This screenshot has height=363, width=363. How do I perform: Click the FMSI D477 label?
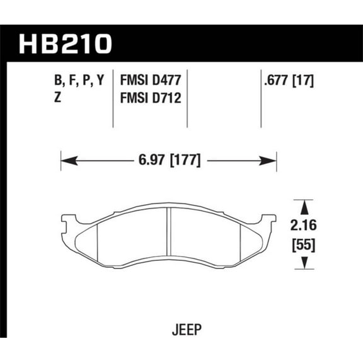tap(149, 81)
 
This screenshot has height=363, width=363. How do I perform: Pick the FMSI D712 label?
tap(149, 99)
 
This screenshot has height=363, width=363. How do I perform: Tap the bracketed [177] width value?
tap(185, 161)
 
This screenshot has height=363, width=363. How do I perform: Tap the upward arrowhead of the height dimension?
tap(304, 205)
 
